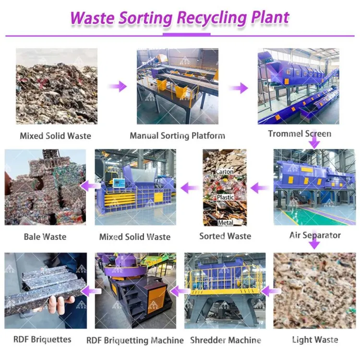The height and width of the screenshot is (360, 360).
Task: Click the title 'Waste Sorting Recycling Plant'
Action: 180,18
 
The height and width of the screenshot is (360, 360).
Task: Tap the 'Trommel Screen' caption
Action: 300,133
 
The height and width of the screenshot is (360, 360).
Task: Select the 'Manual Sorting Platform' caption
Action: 178,136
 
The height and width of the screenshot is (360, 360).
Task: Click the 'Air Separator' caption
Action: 315,235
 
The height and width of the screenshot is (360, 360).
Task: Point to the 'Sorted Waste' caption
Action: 225,236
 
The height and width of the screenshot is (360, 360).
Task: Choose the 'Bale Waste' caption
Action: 45,237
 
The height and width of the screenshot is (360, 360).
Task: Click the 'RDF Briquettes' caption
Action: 42,339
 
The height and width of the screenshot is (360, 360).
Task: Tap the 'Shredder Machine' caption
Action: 226,340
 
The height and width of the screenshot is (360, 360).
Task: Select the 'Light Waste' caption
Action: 315,339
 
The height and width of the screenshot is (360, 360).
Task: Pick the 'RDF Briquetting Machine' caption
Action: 135,340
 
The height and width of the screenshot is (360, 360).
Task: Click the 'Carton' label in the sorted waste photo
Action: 225,171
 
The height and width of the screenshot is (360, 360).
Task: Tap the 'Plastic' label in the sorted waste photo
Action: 226,197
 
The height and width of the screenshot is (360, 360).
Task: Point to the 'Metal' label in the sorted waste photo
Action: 226,222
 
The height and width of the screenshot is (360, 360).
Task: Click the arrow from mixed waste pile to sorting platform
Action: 117,86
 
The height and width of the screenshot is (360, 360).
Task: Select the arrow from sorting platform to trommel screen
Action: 239,88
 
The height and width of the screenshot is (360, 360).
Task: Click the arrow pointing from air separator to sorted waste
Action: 260,188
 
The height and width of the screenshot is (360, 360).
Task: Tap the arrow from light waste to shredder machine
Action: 271,291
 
